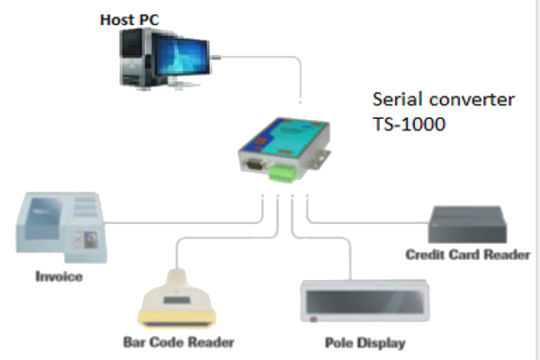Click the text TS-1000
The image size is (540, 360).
click(x=409, y=123)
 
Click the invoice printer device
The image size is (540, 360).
click(x=59, y=226)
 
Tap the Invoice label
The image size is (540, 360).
click(x=58, y=276)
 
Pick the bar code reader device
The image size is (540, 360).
click(x=178, y=298)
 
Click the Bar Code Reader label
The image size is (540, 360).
click(x=178, y=342)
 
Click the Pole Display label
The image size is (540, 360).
click(x=364, y=343)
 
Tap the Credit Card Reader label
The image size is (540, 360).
click(x=467, y=255)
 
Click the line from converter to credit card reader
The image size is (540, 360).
click(x=369, y=218)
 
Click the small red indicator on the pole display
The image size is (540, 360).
click(x=312, y=319)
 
